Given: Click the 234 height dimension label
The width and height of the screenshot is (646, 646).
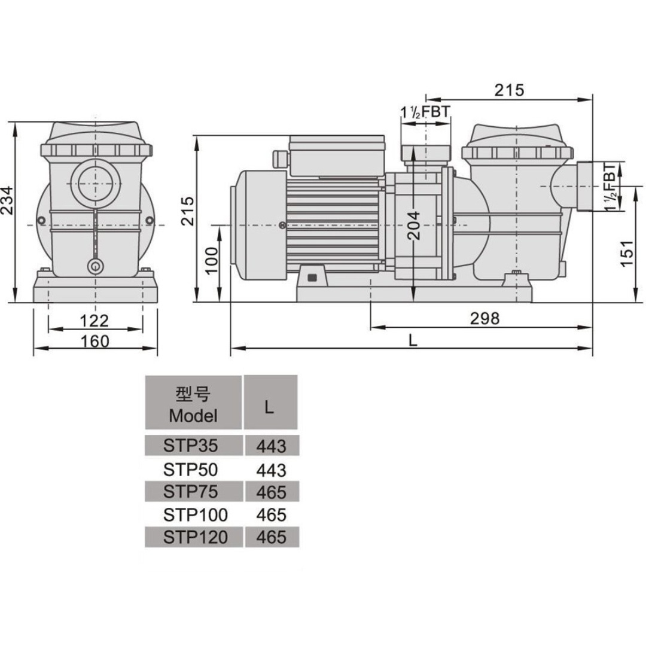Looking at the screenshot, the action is click(7, 200).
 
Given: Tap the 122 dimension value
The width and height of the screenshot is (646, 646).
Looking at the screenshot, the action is click(95, 321).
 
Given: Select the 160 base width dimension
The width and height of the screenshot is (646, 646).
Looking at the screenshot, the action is click(95, 341).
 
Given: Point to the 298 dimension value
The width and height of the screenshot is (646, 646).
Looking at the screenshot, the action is click(484, 318).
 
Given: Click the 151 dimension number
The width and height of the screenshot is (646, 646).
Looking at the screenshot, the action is click(626, 253).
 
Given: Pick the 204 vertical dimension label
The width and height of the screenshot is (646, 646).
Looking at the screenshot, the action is click(414, 226).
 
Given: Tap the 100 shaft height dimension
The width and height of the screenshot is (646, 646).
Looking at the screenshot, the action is click(211, 260).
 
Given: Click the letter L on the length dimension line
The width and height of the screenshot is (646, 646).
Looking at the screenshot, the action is click(413, 340).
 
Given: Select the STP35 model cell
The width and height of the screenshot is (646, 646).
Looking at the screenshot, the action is click(190, 446).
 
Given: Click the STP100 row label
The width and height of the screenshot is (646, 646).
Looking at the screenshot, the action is click(195, 514).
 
